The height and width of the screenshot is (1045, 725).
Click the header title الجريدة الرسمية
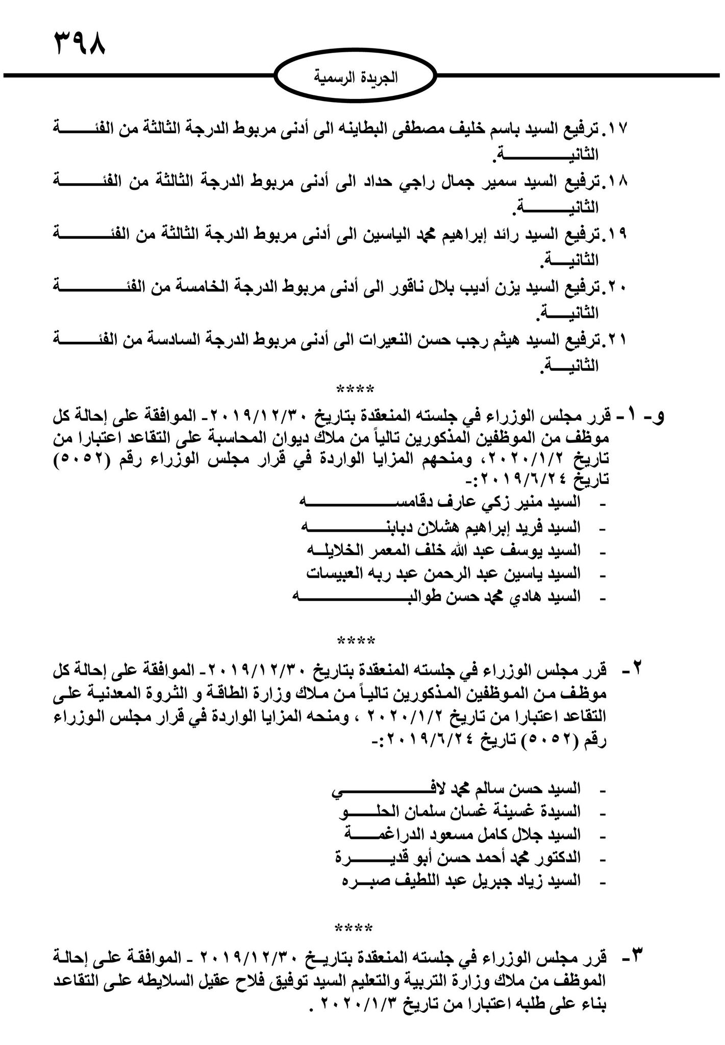point(356,78)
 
